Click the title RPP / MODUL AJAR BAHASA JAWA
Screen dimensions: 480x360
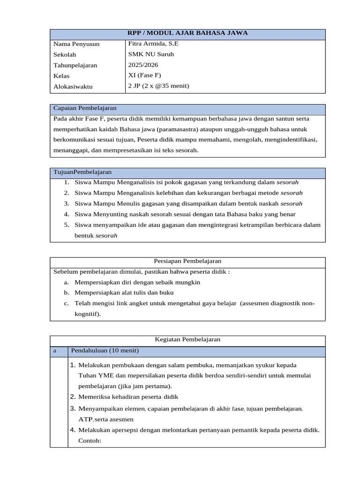(187, 33)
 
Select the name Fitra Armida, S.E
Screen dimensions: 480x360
(153, 44)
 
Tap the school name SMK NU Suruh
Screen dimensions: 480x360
(150, 54)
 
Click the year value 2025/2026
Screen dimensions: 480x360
(143, 65)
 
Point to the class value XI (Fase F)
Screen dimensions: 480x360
(144, 75)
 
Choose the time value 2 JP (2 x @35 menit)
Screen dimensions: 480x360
(158, 86)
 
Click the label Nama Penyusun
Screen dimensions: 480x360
(76, 44)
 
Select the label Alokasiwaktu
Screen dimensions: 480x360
(73, 87)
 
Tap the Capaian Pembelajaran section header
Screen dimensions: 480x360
(85, 108)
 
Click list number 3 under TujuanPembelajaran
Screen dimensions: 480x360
(67, 203)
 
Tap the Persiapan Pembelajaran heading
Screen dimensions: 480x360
(187, 261)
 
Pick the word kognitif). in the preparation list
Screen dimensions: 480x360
(88, 314)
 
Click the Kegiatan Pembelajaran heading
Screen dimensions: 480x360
(187, 339)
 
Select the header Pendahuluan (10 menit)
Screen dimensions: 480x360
(105, 351)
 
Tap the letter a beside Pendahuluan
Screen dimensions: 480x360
(55, 351)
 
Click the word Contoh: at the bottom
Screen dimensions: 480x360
(90, 441)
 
